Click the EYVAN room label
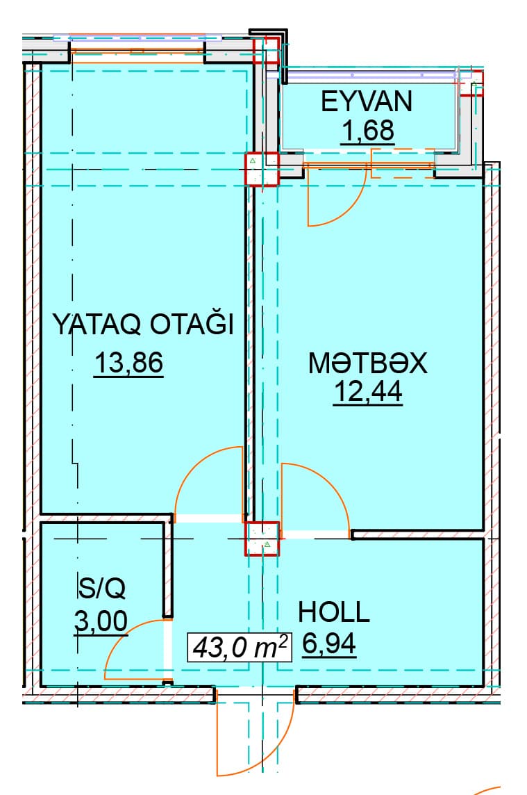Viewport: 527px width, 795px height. tap(367, 101)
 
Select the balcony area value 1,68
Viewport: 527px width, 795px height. tap(368, 131)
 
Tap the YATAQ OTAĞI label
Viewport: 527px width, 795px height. tap(143, 325)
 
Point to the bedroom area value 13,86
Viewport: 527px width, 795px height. tap(128, 363)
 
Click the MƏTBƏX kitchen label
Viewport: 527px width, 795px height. tap(368, 363)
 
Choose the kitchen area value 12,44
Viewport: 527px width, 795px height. tap(368, 392)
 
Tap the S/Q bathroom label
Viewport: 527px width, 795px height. tap(101, 588)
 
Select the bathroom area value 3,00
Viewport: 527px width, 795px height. tap(101, 621)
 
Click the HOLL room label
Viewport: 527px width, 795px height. tap(333, 612)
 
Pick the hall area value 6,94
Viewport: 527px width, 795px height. tap(329, 644)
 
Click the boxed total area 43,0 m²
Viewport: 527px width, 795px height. tap(240, 647)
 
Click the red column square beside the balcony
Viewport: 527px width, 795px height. tap(262, 170)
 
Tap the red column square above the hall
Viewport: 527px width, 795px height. tap(262, 539)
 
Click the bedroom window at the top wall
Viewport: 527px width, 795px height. tap(137, 51)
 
